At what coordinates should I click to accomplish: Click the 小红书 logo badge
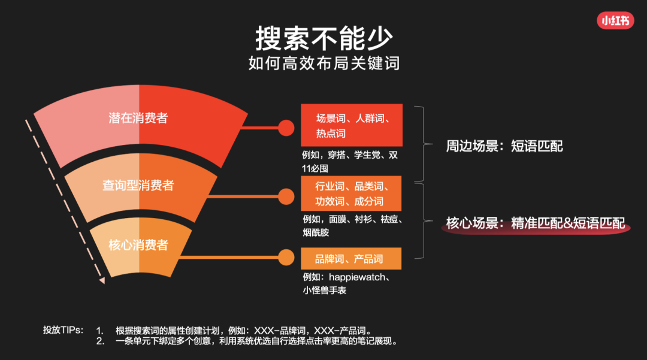[x=615, y=20]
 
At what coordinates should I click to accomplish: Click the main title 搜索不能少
[x=324, y=39]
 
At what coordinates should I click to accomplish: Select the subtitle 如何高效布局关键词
[x=324, y=63]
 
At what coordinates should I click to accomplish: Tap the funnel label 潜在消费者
[x=138, y=119]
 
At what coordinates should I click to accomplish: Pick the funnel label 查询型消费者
[x=138, y=186]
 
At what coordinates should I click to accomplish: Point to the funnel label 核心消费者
[x=138, y=246]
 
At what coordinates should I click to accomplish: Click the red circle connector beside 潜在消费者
[x=286, y=128]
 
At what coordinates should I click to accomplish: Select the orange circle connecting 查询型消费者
[x=286, y=196]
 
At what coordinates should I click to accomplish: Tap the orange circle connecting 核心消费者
[x=286, y=258]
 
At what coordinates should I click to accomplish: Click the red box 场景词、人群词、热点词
[x=352, y=125]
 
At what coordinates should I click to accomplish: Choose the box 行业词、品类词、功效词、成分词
[x=351, y=193]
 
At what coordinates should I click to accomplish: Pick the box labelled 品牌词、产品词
[x=351, y=259]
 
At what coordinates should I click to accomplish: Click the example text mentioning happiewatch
[x=346, y=284]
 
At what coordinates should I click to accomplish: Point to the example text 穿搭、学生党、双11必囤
[x=350, y=162]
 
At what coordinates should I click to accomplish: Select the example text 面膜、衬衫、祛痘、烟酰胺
[x=352, y=226]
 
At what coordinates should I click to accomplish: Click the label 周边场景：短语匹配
[x=504, y=146]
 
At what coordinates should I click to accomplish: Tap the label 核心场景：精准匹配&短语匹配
[x=536, y=223]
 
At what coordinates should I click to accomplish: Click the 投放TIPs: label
[x=63, y=330]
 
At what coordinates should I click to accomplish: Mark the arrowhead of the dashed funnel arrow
[x=101, y=280]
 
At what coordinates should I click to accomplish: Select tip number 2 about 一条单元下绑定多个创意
[x=247, y=341]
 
